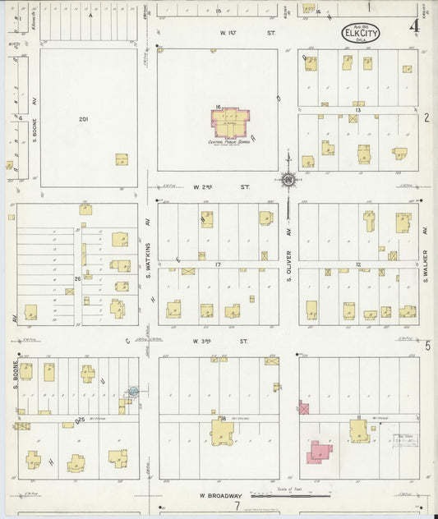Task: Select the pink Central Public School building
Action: tap(233, 123)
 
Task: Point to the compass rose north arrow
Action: tap(288, 177)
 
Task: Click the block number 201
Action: tap(83, 119)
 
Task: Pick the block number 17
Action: tap(218, 264)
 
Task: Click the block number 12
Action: tap(358, 264)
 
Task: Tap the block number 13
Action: tap(358, 109)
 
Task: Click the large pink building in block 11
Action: tap(318, 452)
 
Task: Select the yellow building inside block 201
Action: tap(121, 159)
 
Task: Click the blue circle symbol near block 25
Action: tap(132, 393)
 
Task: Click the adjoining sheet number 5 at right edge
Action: tap(426, 345)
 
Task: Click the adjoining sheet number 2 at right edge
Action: tap(426, 117)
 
